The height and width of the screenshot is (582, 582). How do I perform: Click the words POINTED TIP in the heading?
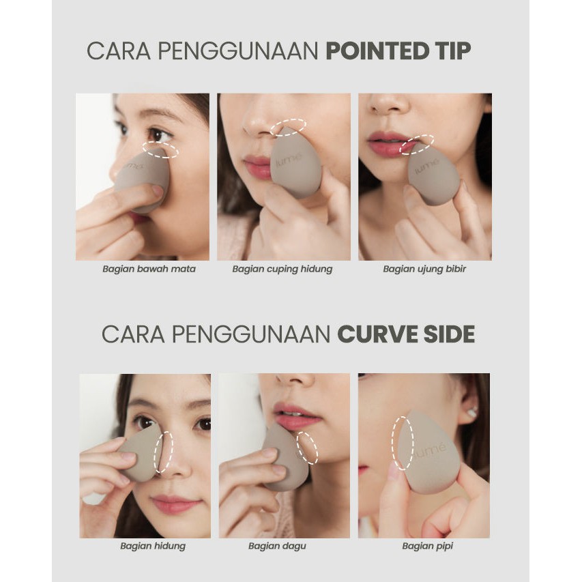pos(398,50)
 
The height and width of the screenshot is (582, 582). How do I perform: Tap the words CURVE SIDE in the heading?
pos(406,334)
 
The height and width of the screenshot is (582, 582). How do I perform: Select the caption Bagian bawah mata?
pos(149,269)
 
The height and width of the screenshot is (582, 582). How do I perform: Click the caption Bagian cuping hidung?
pos(282,269)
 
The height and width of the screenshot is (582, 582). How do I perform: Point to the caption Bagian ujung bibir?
pos(424,269)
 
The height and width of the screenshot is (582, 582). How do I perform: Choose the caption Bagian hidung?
pos(153,546)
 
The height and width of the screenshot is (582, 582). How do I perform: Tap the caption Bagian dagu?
pos(277,546)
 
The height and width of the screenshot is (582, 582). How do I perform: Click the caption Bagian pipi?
pos(427,546)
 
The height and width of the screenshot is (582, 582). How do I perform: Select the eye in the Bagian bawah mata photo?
pos(158,134)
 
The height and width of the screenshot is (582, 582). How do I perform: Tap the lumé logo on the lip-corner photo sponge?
pos(427,166)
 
